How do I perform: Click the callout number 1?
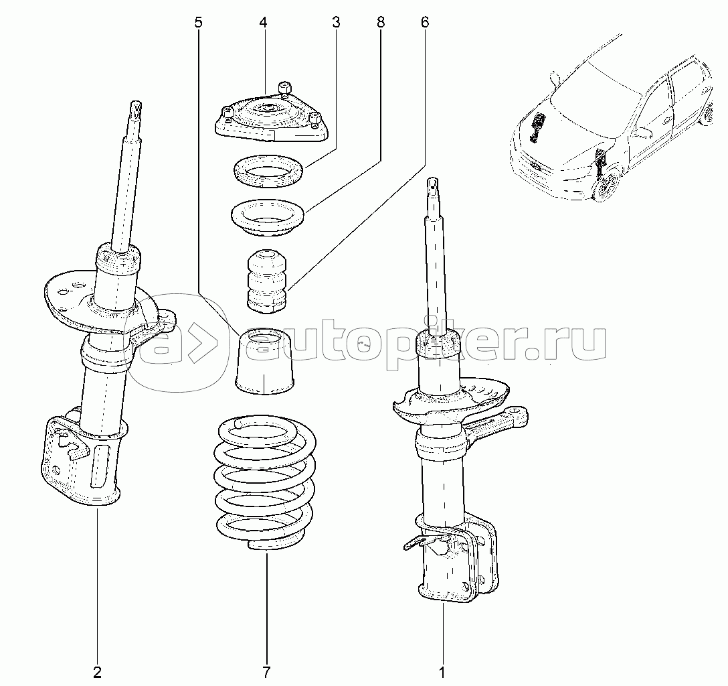click(x=442, y=672)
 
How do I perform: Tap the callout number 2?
click(x=97, y=672)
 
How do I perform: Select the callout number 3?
click(x=336, y=22)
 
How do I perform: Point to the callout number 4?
click(x=263, y=22)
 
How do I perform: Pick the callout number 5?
click(x=199, y=22)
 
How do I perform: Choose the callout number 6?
click(x=424, y=22)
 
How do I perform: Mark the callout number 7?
click(x=266, y=672)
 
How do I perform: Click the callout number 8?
click(x=380, y=22)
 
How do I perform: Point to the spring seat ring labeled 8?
click(x=268, y=218)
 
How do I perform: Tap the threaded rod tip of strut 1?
click(x=432, y=184)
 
